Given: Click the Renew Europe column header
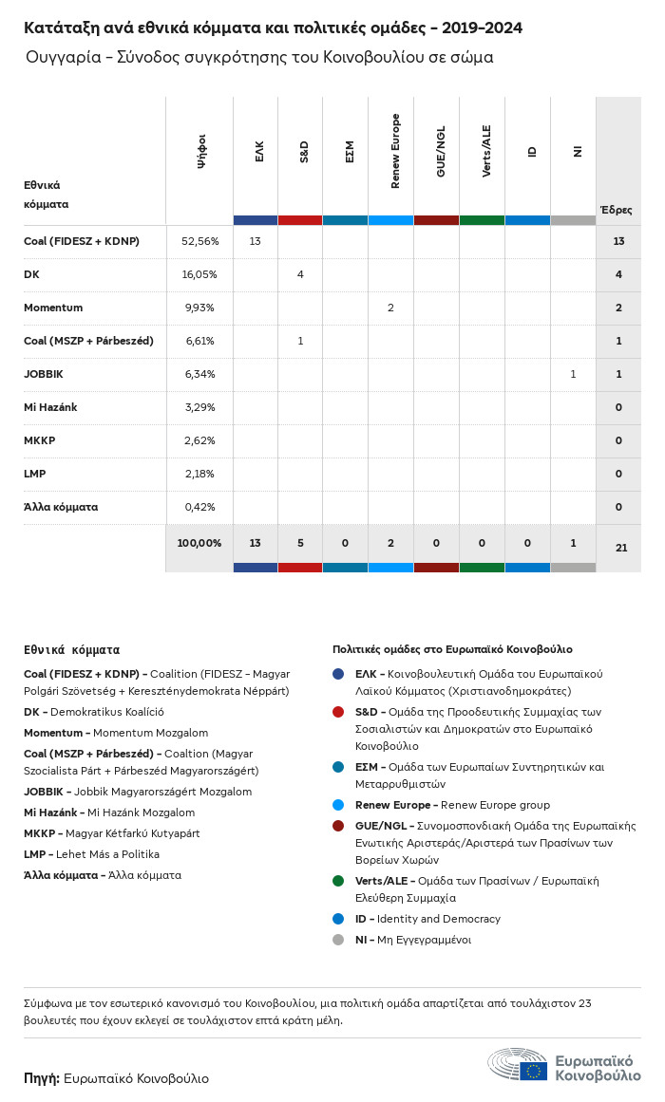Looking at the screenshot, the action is point(395,151).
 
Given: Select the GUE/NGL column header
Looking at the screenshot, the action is point(441,151).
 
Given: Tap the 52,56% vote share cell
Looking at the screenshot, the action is point(199,241).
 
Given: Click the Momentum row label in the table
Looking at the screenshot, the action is point(53,308).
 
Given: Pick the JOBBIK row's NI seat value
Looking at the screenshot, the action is point(573,374).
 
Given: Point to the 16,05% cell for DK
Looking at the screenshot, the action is point(199,274).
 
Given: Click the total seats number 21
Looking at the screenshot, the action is point(621,548).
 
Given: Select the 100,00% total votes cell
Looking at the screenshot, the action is point(199,543).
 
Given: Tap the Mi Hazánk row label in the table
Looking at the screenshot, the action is point(50,407).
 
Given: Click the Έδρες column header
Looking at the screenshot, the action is point(616,210).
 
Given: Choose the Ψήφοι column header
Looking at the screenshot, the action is point(201,151).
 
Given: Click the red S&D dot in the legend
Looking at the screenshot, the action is point(338,712).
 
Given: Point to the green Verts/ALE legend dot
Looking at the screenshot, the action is point(338,881).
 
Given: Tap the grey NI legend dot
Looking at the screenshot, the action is point(338,940).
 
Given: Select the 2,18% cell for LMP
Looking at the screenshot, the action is point(199,474).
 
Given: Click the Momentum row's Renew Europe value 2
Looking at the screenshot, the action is point(390,308).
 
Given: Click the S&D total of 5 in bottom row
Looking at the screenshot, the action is point(300,543).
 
